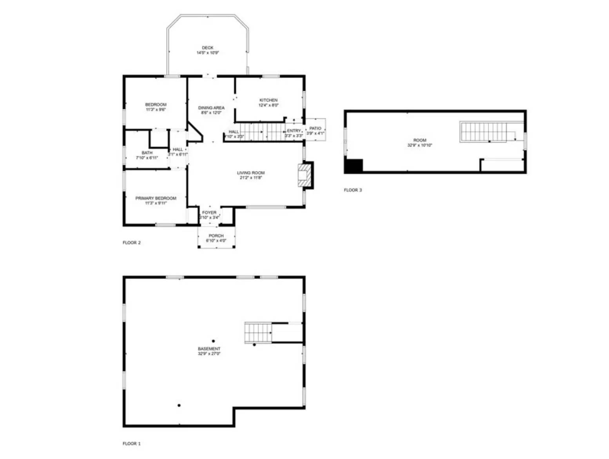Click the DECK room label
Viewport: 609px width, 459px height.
[208, 48]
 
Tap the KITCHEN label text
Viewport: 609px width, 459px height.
[268, 100]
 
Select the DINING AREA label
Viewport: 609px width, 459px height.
[211, 108]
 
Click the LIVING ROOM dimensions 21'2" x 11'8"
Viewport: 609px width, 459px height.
[251, 178]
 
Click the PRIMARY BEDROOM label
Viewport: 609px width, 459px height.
[156, 198]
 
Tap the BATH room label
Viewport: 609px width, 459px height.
[147, 153]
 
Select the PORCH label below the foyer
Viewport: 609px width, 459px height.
[216, 236]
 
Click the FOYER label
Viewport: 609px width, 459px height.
[209, 213]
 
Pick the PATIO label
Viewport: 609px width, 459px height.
[315, 128]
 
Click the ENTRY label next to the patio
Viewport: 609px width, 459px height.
[294, 131]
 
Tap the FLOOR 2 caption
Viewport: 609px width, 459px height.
[132, 243]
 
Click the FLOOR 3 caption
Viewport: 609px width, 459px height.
[353, 190]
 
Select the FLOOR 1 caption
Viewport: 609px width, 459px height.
[132, 444]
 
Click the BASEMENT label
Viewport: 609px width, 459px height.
[209, 349]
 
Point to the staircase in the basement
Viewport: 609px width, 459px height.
[258, 333]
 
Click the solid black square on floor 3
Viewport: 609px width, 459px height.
[353, 166]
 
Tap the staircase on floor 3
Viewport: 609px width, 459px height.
[484, 132]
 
